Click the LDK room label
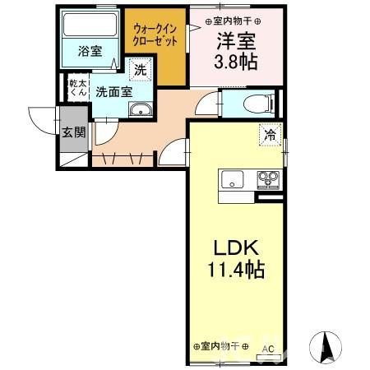coord(238,247)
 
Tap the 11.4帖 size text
coord(238,268)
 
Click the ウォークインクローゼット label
coord(155,35)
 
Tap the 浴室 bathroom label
coord(90,51)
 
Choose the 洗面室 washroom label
coord(113,92)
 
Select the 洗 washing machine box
coord(141,71)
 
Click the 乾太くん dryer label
coord(78,88)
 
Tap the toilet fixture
coord(252,104)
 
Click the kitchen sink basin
coord(229,178)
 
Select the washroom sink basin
coord(141,112)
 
